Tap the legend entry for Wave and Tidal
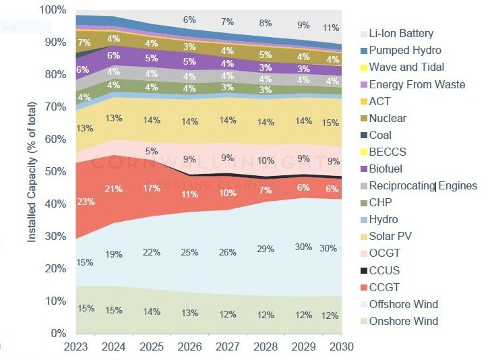click(x=406, y=67)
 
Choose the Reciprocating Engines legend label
click(x=423, y=185)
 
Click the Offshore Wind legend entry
click(x=404, y=304)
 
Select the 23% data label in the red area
click(x=86, y=201)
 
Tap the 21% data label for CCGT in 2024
click(x=114, y=188)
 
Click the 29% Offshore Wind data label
click(x=266, y=249)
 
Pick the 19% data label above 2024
click(x=114, y=254)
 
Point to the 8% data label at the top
click(x=266, y=23)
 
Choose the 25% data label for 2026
click(x=189, y=252)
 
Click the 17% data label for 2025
click(x=152, y=188)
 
